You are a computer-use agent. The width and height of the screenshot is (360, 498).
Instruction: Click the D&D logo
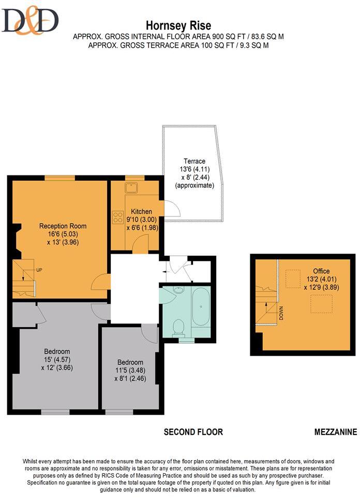(30, 21)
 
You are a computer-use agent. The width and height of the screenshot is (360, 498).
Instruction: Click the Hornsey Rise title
(178, 25)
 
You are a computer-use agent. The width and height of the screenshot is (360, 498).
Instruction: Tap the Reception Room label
(63, 226)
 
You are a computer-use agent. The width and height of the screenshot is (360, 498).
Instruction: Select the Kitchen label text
(141, 212)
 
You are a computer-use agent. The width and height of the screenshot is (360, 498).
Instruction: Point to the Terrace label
(194, 161)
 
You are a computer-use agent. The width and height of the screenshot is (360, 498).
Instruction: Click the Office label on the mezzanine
(321, 271)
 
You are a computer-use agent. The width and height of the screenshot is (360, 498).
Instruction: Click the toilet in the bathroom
(179, 327)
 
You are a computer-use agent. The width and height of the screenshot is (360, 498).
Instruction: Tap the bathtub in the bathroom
(201, 307)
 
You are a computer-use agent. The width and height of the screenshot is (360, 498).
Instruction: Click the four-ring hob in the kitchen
(118, 217)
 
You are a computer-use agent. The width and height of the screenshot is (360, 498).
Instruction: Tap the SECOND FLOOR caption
(193, 432)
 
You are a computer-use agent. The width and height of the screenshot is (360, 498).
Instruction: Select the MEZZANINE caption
(335, 432)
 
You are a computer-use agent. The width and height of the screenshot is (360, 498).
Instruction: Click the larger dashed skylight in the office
(321, 303)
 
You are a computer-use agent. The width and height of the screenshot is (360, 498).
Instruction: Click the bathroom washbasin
(178, 291)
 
